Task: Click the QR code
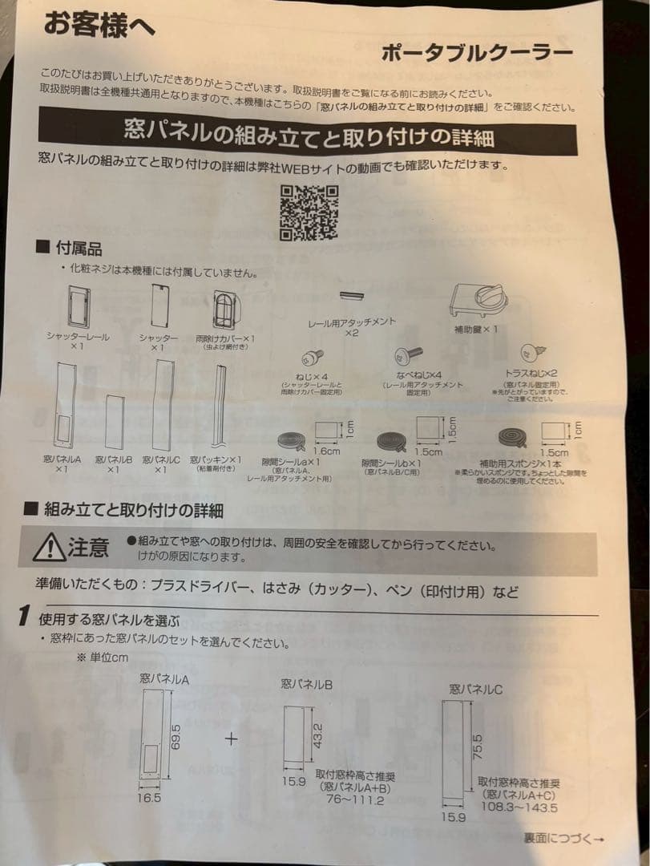309,212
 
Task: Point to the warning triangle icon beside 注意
50,548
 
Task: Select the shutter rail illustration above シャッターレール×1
78,307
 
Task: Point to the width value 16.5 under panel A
150,798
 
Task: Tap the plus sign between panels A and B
232,738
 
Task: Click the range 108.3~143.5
519,807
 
